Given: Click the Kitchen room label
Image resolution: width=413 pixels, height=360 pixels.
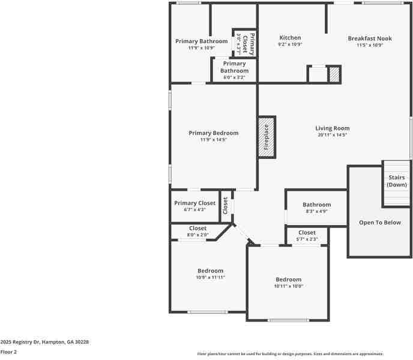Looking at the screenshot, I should pos(290,38).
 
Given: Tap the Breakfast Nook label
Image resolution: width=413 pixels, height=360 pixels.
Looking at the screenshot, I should pos(370,38).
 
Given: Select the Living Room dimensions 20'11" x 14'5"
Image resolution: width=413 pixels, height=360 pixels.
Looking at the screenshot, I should pos(333,135).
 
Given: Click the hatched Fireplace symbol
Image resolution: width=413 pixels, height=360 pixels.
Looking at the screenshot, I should pos(267,137).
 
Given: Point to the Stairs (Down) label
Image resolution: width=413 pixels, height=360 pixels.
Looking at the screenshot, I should pos(397,181).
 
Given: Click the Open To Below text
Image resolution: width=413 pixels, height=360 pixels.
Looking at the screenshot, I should pos(379,223).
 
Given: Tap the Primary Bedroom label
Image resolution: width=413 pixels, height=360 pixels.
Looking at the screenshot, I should pos(213,133).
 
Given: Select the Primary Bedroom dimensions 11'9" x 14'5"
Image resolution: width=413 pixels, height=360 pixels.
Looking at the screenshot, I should pos(213,140).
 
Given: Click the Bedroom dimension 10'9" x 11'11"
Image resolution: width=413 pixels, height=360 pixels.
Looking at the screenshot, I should pos(210,277).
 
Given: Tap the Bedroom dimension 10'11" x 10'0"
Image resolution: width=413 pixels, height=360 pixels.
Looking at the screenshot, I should pos(288,286).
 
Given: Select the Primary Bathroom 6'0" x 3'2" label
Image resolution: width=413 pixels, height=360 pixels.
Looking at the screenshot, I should pos(234,70).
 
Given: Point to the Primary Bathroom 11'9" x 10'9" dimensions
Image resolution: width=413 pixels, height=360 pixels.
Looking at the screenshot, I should pos(201,48).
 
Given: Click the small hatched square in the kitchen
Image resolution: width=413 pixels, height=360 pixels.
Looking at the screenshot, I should pos(334,74).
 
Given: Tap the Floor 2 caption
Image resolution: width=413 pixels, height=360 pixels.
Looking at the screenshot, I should pos(8,352).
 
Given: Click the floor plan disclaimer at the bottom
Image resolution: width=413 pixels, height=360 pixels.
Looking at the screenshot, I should pos(290,354).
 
